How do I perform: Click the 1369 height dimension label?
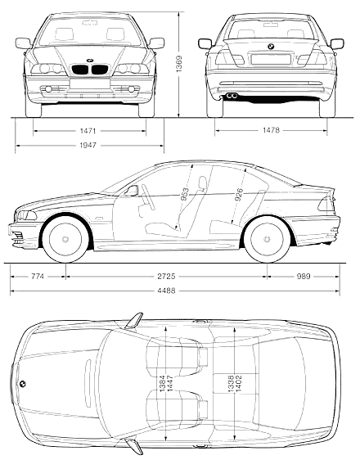pyautogui.click(x=179, y=65)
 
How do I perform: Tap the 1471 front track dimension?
pyautogui.click(x=88, y=131)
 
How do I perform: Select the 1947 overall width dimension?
pyautogui.click(x=88, y=146)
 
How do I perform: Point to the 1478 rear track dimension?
pyautogui.click(x=271, y=130)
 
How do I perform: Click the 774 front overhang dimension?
pyautogui.click(x=38, y=277)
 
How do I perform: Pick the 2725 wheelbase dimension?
pyautogui.click(x=167, y=277)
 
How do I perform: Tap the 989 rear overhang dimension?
pyautogui.click(x=304, y=277)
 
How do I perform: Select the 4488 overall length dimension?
pyautogui.click(x=167, y=291)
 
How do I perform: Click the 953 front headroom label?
pyautogui.click(x=186, y=195)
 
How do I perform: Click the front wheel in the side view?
pyautogui.click(x=65, y=239)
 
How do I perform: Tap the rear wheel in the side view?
pyautogui.click(x=267, y=239)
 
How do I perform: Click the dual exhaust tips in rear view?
pyautogui.click(x=232, y=96)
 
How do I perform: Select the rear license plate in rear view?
pyautogui.click(x=271, y=59)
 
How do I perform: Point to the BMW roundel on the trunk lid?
pyautogui.click(x=271, y=47)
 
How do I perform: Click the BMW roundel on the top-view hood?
pyautogui.click(x=22, y=384)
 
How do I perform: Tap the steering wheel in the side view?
pyautogui.click(x=148, y=196)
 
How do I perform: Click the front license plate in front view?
pyautogui.click(x=89, y=83)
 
